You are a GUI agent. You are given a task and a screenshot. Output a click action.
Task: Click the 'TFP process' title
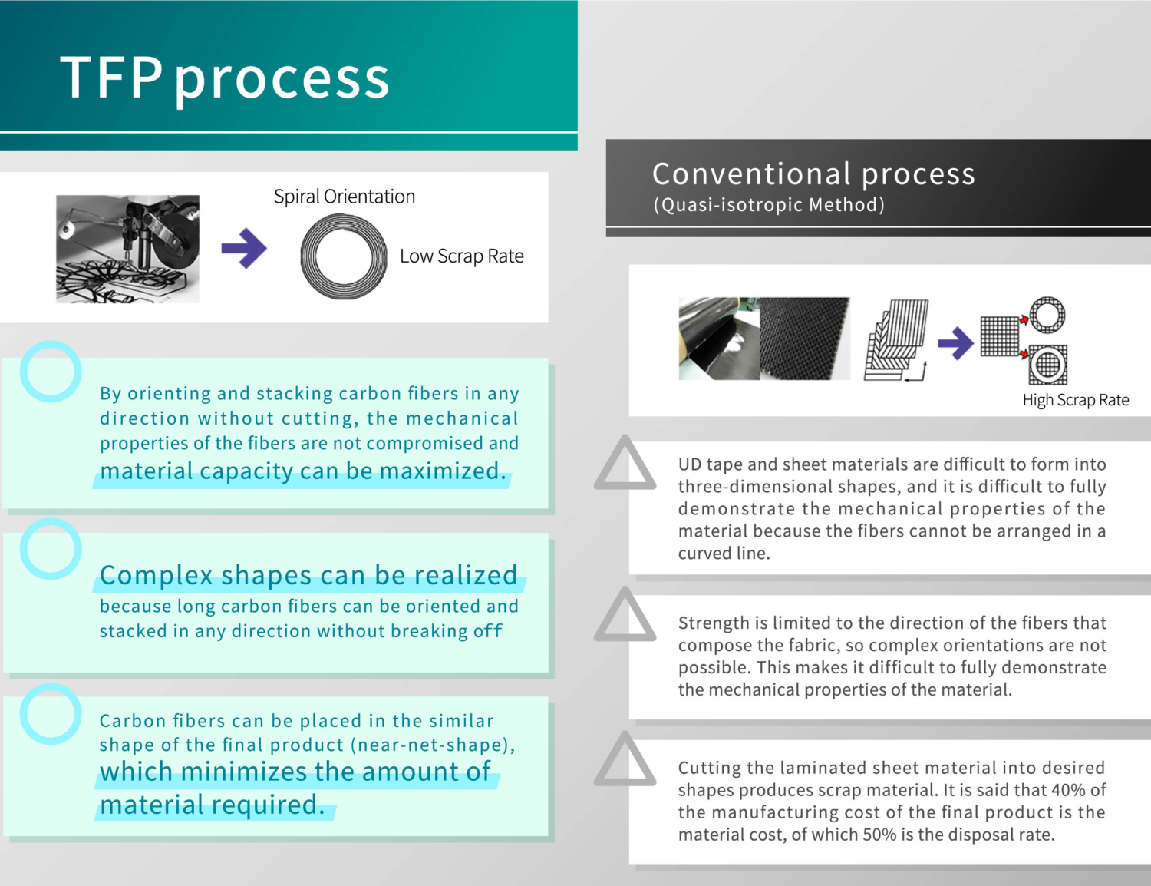pyautogui.click(x=225, y=78)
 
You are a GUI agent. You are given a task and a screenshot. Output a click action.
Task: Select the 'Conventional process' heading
pyautogui.click(x=813, y=174)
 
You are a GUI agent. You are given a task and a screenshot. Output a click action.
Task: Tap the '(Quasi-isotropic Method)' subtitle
pyautogui.click(x=769, y=205)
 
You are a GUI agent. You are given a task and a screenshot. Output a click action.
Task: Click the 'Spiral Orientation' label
pyautogui.click(x=345, y=197)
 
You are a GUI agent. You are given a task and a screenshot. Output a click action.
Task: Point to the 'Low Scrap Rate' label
pyautogui.click(x=461, y=256)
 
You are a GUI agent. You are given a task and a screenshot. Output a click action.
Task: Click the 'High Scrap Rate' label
pyautogui.click(x=1075, y=400)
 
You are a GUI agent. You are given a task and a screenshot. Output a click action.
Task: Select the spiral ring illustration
pyautogui.click(x=343, y=256)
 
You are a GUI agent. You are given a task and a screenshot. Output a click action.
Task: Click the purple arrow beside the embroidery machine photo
pyautogui.click(x=244, y=248)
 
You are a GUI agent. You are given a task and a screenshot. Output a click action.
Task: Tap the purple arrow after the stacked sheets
pyautogui.click(x=955, y=342)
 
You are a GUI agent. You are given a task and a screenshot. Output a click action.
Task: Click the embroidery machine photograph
pyautogui.click(x=127, y=248)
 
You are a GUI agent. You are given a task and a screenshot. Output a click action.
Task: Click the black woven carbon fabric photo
pyautogui.click(x=804, y=339)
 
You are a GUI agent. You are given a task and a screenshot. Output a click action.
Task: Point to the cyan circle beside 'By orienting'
pyautogui.click(x=51, y=372)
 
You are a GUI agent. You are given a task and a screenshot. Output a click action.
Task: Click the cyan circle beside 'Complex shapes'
pyautogui.click(x=51, y=549)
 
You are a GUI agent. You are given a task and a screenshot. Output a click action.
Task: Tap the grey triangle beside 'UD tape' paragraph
pyautogui.click(x=625, y=464)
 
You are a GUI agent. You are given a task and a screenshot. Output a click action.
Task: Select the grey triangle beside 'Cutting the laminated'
pyautogui.click(x=625, y=760)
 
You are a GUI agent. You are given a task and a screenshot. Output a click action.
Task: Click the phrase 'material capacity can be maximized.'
pyautogui.click(x=303, y=471)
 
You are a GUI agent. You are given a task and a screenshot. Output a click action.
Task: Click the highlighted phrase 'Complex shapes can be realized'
pyautogui.click(x=308, y=575)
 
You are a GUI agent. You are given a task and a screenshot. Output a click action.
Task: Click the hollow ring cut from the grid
pyautogui.click(x=1047, y=315)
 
